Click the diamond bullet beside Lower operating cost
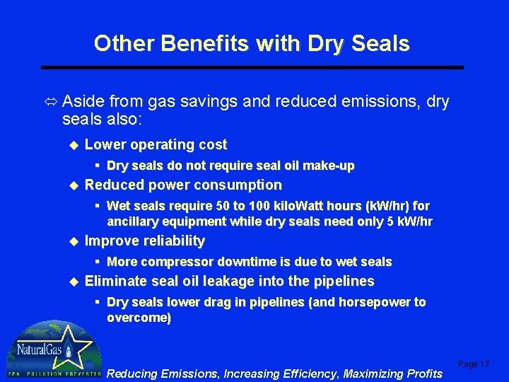(71, 145)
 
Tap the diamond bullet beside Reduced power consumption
(71, 185)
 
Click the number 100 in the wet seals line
(250, 206)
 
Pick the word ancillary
(133, 221)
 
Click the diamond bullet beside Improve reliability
(71, 241)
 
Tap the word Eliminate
(114, 282)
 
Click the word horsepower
(370, 302)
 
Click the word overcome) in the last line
(139, 318)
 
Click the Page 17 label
(474, 364)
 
